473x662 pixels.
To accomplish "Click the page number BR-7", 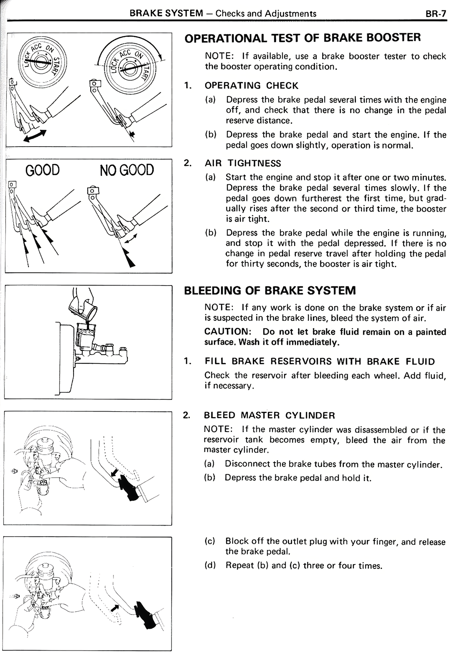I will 436,14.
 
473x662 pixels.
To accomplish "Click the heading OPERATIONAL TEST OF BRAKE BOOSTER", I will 302,38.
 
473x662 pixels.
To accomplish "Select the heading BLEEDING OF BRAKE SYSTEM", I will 270,290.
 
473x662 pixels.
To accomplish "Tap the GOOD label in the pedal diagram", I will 43,170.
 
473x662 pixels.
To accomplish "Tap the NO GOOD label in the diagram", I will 127,170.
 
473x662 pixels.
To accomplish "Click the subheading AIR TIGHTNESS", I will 243,163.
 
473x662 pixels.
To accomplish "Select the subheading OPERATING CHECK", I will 251,86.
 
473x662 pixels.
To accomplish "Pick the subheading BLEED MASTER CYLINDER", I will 269,415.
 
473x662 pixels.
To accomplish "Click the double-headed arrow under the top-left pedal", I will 35,136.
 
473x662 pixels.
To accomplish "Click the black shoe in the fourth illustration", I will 127,487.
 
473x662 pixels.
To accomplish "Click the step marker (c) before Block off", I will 210,542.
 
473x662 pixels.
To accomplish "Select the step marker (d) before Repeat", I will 210,565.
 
